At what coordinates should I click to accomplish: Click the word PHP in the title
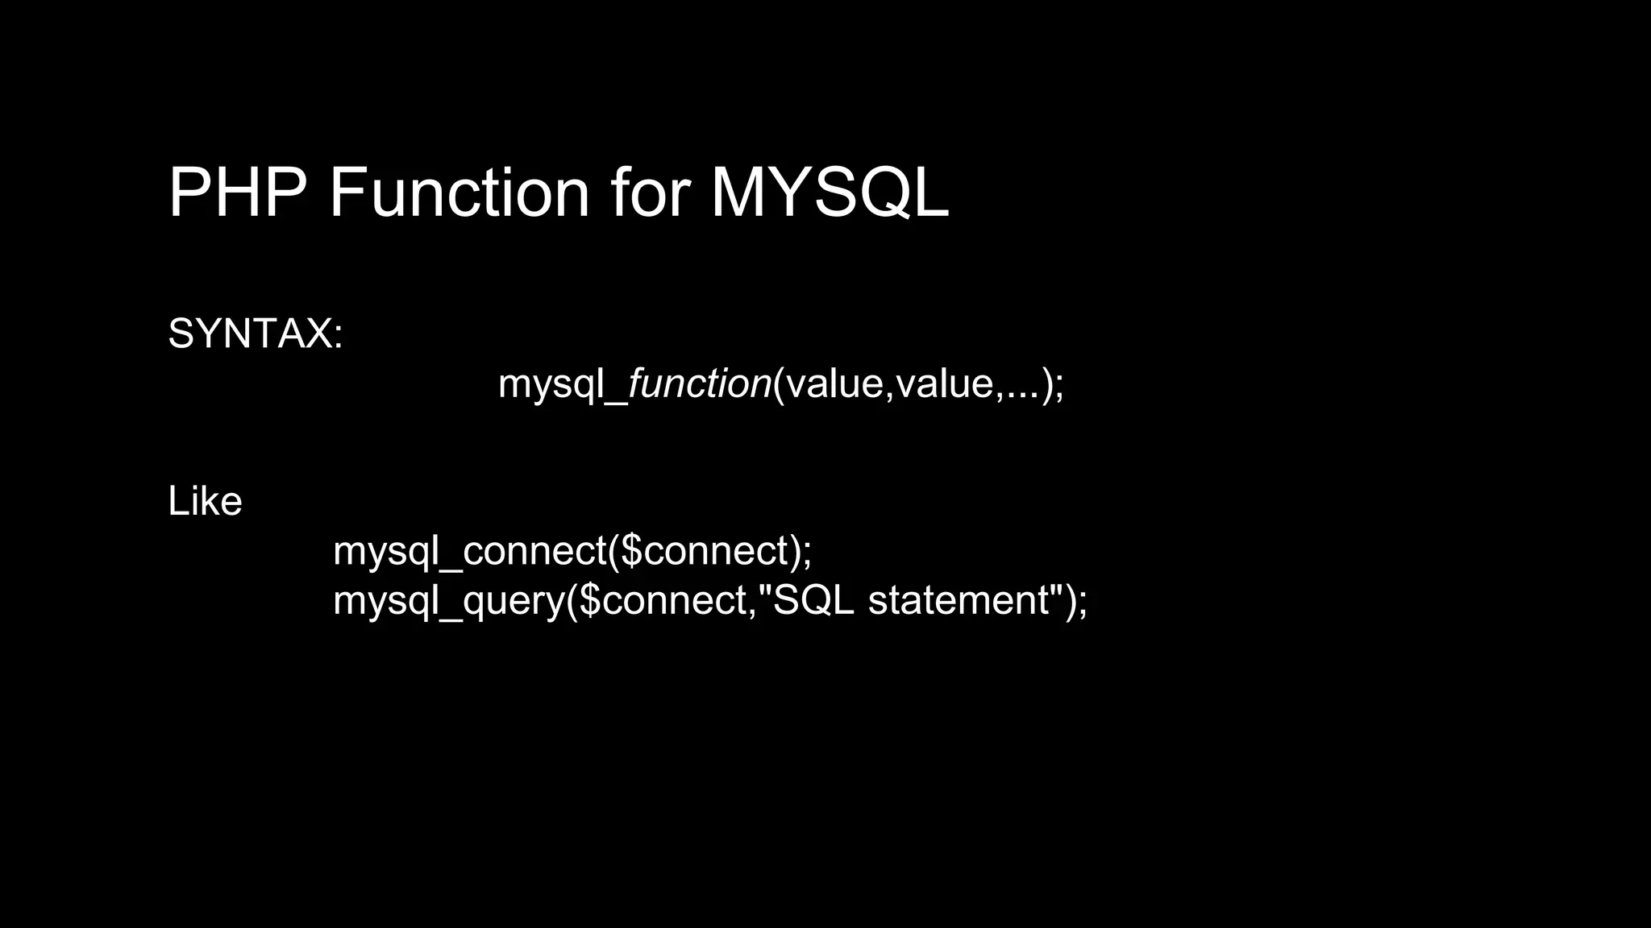click(x=237, y=193)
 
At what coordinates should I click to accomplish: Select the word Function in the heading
click(x=459, y=193)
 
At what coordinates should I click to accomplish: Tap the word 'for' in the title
click(x=650, y=193)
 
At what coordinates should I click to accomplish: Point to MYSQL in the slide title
click(x=830, y=193)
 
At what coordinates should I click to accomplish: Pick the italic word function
click(x=699, y=383)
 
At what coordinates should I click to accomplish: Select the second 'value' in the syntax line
click(x=945, y=383)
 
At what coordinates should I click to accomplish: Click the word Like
click(x=205, y=501)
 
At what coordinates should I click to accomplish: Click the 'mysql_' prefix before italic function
click(x=562, y=383)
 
